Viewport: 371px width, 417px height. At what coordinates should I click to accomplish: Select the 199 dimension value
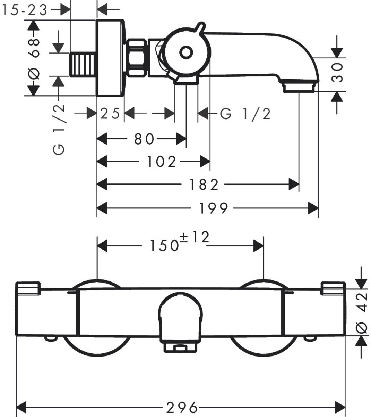pyautogui.click(x=213, y=208)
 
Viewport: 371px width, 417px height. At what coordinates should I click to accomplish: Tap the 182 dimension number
pyautogui.click(x=204, y=185)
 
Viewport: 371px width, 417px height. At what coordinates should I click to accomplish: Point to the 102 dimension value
pyautogui.click(x=162, y=162)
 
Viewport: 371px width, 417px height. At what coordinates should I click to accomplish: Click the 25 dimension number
pyautogui.click(x=110, y=113)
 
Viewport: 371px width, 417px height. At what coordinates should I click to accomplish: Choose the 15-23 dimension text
pyautogui.click(x=24, y=10)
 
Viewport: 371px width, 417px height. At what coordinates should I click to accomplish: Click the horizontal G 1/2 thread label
pyautogui.click(x=245, y=114)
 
